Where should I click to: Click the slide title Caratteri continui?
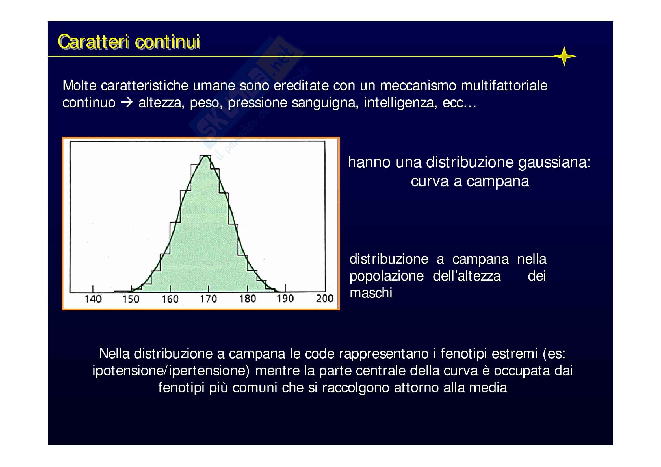point(129,42)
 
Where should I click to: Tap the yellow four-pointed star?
point(564,56)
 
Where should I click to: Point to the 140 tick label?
point(93,299)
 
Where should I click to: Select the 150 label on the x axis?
point(131,299)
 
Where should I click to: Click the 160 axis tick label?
point(170,299)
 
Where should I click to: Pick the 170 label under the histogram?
point(209,299)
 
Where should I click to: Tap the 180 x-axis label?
point(248,299)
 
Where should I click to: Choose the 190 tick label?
point(285,299)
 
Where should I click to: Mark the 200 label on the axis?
point(325,299)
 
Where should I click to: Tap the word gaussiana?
point(554,162)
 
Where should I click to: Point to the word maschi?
point(371,293)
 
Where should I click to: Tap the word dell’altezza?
point(467,276)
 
